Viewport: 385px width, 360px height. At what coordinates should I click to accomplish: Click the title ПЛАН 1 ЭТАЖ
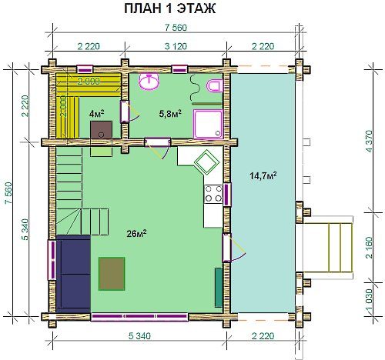(170, 8)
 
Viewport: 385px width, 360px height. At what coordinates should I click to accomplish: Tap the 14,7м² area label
(263, 175)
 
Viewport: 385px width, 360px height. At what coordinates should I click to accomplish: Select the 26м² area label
(136, 233)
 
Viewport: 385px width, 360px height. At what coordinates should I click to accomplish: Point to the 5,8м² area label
(170, 114)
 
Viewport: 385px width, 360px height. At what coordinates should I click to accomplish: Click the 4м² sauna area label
(96, 113)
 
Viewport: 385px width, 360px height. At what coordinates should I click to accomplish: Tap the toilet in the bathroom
(215, 85)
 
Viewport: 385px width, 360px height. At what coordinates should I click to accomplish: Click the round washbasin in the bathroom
(149, 81)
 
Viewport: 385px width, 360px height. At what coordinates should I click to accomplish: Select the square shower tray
(208, 124)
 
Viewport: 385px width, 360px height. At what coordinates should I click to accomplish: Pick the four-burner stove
(213, 194)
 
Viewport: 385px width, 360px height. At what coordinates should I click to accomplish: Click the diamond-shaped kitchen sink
(206, 162)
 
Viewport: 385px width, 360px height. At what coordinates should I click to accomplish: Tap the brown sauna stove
(101, 129)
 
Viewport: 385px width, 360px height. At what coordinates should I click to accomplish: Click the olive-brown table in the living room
(112, 274)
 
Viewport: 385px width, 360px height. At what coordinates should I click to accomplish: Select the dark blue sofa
(73, 274)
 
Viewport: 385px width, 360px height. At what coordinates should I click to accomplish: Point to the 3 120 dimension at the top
(176, 46)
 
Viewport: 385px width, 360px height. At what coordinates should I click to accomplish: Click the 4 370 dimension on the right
(369, 142)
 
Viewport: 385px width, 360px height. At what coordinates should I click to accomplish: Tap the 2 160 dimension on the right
(369, 248)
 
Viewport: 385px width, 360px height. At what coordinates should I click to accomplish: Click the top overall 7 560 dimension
(176, 28)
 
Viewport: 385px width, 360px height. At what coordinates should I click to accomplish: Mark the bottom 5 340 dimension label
(139, 335)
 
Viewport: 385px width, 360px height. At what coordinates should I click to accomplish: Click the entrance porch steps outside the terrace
(328, 248)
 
